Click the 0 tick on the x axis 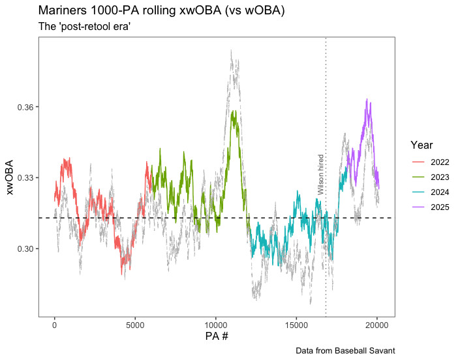tap(55, 324)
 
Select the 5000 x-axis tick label tap(135, 324)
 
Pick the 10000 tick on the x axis tap(215, 324)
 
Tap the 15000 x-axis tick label tap(296, 324)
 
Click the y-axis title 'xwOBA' tap(9, 177)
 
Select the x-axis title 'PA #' tap(215, 337)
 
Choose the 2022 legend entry tap(431, 162)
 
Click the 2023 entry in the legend tap(431, 177)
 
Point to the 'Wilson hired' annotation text tap(321, 175)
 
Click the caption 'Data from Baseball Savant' tap(345, 351)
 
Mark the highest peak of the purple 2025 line tap(367, 99)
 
